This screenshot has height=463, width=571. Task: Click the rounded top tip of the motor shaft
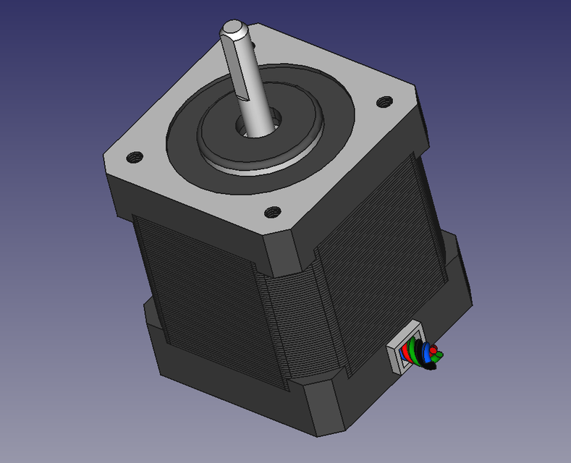235,28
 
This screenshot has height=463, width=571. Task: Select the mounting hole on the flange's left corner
134,156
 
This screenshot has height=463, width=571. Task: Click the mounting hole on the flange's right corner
384,101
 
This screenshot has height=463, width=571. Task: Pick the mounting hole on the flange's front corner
273,212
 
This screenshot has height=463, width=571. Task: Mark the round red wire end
434,351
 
